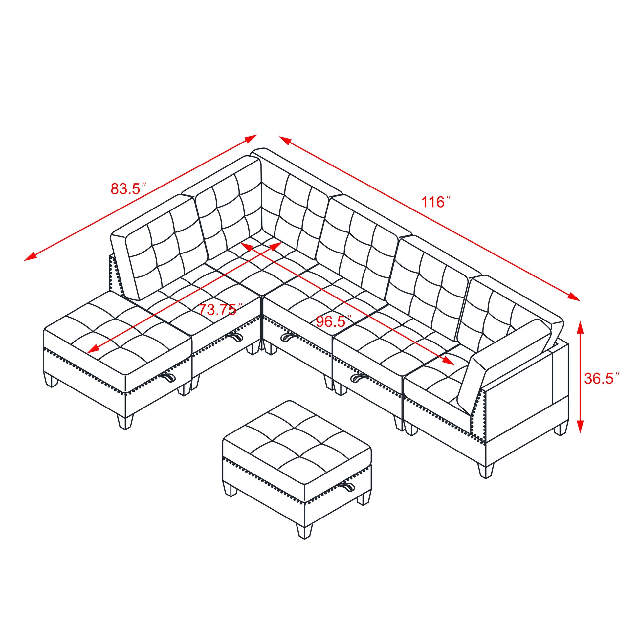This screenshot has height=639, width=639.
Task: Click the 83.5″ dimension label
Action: tap(128, 189)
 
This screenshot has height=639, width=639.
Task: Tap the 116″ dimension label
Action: tap(436, 202)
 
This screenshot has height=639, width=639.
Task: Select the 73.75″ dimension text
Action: tap(220, 310)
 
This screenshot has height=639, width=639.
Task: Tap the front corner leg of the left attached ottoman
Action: tap(125, 421)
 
